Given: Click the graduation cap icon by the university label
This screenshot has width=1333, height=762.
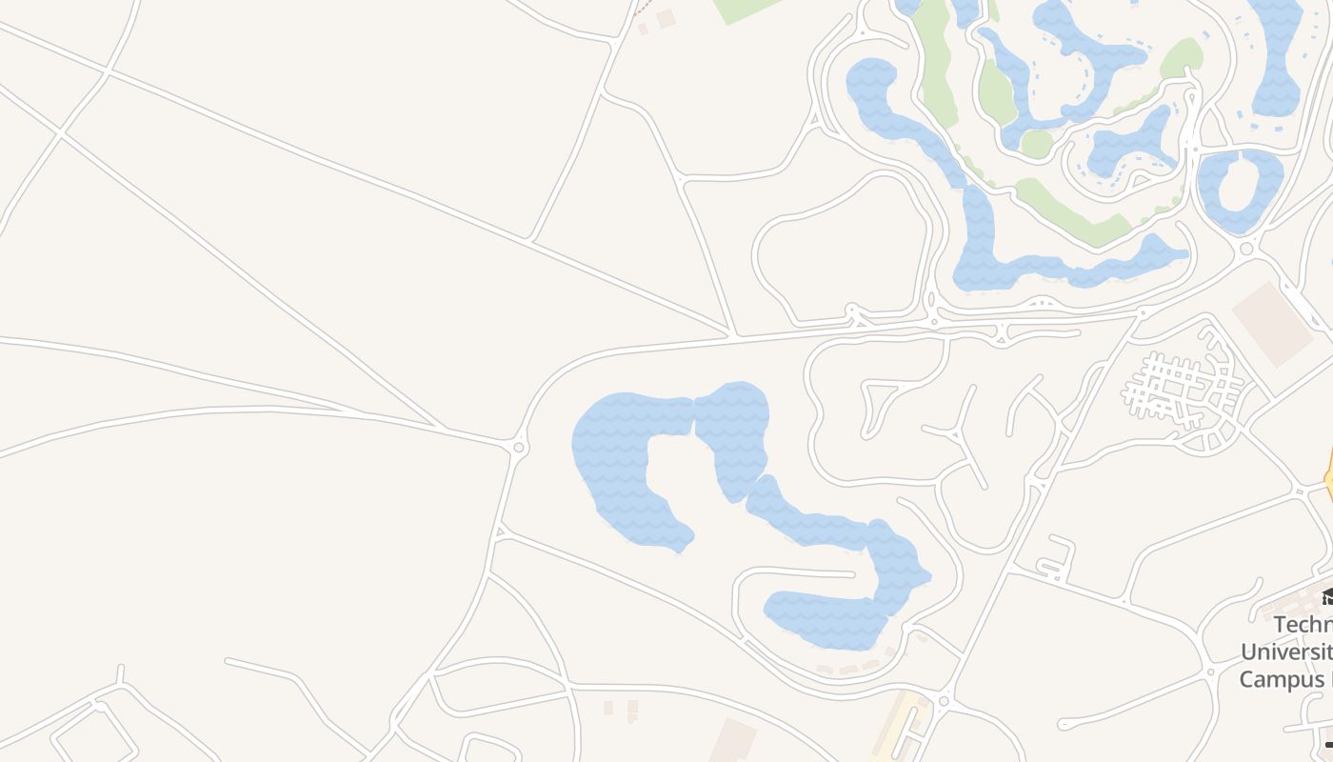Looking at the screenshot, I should [x=1326, y=597].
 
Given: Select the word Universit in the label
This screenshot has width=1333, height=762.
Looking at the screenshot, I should [x=1285, y=652].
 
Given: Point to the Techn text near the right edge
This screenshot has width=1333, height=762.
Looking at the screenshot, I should [x=1302, y=625].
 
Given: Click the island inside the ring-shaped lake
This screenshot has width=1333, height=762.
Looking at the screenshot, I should [x=1240, y=185].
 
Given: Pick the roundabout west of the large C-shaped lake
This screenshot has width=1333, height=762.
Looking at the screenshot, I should [x=519, y=446].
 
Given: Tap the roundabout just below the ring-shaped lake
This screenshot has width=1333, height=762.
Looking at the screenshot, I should [x=1246, y=250].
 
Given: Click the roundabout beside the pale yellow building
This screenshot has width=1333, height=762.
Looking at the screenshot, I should [x=944, y=702].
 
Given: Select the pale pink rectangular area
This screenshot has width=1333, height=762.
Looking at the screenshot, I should [x=1273, y=324].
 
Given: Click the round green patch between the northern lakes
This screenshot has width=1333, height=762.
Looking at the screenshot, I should [x=1036, y=144].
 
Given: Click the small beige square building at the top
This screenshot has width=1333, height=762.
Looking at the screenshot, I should [x=666, y=17].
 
